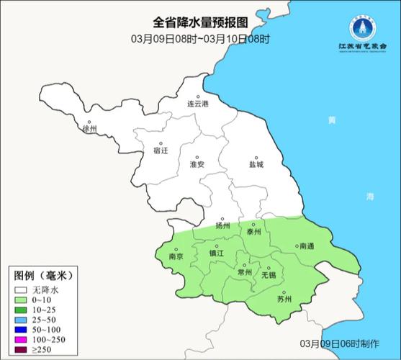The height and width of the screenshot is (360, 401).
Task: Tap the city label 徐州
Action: click(89, 130)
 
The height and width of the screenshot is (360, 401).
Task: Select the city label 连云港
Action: click(197, 104)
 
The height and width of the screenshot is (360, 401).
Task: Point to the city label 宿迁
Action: click(161, 151)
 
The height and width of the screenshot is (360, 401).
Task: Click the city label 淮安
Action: click(197, 164)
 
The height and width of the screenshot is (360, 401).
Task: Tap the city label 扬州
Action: click(222, 225)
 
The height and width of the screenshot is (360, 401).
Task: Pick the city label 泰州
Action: click(253, 232)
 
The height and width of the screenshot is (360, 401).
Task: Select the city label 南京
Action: click(176, 256)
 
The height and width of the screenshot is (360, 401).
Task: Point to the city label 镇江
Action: click(217, 253)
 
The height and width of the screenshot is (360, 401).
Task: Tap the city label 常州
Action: click(244, 273)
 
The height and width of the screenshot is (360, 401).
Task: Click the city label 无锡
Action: click(268, 275)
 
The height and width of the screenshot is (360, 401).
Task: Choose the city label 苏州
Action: click(284, 300)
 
